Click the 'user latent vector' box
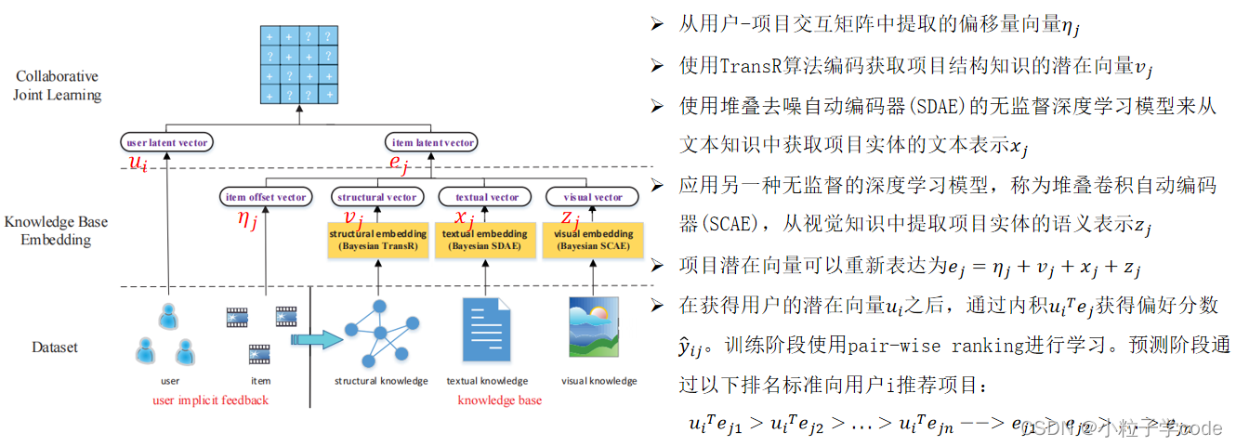point(167,142)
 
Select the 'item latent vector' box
point(431,142)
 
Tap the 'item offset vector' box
point(266,197)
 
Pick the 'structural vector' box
point(376,197)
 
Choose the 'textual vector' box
point(485,197)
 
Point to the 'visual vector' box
point(593,197)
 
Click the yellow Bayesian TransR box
point(377,239)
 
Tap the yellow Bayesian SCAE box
point(593,239)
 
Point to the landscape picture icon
point(593,328)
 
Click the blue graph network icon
point(379,333)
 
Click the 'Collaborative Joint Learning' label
point(57,85)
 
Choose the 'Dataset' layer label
point(55,348)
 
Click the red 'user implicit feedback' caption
point(210,400)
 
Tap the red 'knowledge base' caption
point(499,400)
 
